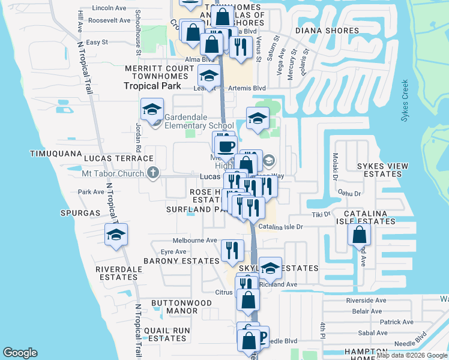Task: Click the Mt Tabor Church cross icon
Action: (x=153, y=173)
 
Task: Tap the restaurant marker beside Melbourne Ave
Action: (x=232, y=250)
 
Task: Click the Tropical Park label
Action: (x=152, y=86)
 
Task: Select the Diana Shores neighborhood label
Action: (x=327, y=31)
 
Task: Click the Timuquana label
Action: (x=56, y=154)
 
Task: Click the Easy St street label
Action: (x=97, y=43)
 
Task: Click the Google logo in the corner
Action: (x=20, y=353)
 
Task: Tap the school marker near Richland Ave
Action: (x=270, y=268)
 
